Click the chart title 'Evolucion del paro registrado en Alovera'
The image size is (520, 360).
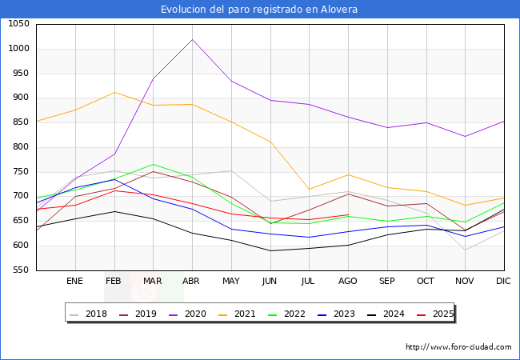click(x=259, y=10)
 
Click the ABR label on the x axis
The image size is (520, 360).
click(x=191, y=282)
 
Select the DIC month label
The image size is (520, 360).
click(x=503, y=282)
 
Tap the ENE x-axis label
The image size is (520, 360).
click(x=75, y=282)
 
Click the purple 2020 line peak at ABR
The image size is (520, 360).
click(x=192, y=40)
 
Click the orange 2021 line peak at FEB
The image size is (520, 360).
click(x=114, y=92)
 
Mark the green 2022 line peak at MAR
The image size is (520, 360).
click(x=153, y=164)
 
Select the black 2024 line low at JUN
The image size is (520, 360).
click(x=270, y=250)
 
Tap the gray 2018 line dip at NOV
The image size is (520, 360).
click(x=465, y=250)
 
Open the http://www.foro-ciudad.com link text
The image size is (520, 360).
click(x=458, y=347)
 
